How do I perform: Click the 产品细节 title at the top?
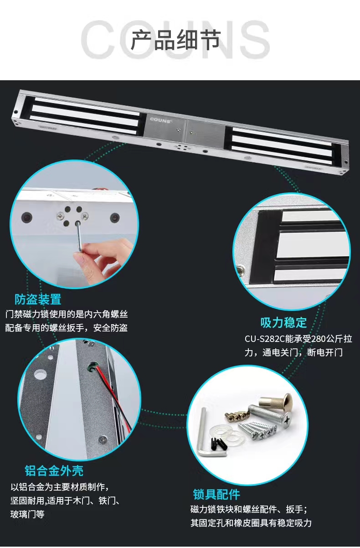pos(176,40)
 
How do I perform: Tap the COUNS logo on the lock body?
pos(161,119)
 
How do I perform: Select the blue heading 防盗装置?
pos(38,299)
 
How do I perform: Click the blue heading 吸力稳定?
pos(283,322)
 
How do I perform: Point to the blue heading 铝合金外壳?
pos(54,470)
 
